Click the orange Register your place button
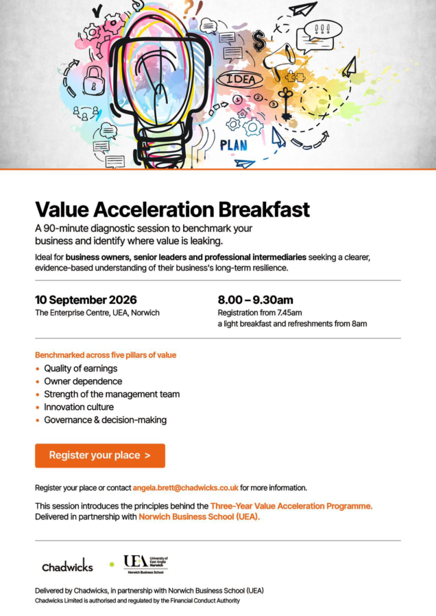pyautogui.click(x=100, y=455)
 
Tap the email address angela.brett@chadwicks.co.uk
pyautogui.click(x=185, y=487)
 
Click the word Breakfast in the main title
pyautogui.click(x=264, y=209)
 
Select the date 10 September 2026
pyautogui.click(x=86, y=300)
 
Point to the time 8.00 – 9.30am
pyautogui.click(x=256, y=300)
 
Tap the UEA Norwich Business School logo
pyautogui.click(x=145, y=565)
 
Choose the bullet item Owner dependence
pyautogui.click(x=83, y=381)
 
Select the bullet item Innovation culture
pyautogui.click(x=79, y=407)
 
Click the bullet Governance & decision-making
pyautogui.click(x=105, y=420)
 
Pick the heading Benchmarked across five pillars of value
pyautogui.click(x=106, y=355)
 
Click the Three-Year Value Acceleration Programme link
pyautogui.click(x=291, y=506)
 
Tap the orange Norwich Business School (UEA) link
pyautogui.click(x=199, y=517)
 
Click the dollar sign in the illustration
pyautogui.click(x=259, y=41)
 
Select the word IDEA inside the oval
pyautogui.click(x=240, y=79)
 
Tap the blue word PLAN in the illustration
pyautogui.click(x=234, y=145)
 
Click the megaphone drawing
pyautogui.click(x=280, y=59)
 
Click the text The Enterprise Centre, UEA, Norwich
pyautogui.click(x=97, y=313)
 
